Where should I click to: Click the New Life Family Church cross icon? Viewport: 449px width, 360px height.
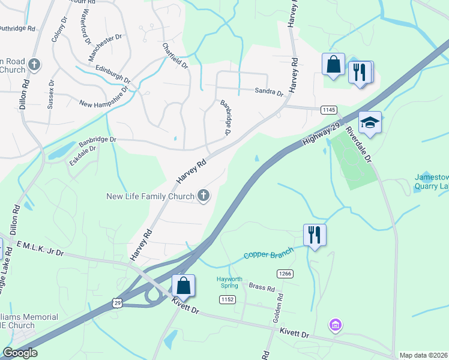pyautogui.click(x=204, y=196)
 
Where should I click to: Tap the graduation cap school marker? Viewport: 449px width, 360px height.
pyautogui.click(x=370, y=123)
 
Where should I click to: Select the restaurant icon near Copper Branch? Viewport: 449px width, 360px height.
pyautogui.click(x=314, y=234)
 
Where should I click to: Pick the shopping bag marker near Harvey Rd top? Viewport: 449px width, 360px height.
pyautogui.click(x=333, y=64)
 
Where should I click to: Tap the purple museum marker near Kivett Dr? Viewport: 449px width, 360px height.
pyautogui.click(x=335, y=326)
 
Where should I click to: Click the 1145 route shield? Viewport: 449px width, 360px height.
pyautogui.click(x=328, y=109)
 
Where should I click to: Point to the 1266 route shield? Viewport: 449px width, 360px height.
pyautogui.click(x=285, y=274)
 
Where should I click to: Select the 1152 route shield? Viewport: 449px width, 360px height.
pyautogui.click(x=226, y=299)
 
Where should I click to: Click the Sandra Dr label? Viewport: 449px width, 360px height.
pyautogui.click(x=269, y=92)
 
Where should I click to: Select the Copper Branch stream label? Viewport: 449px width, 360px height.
pyautogui.click(x=268, y=254)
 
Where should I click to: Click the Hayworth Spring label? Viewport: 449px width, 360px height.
pyautogui.click(x=231, y=282)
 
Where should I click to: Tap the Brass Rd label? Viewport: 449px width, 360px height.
pyautogui.click(x=262, y=288)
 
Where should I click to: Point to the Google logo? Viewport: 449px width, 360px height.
pyautogui.click(x=20, y=353)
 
